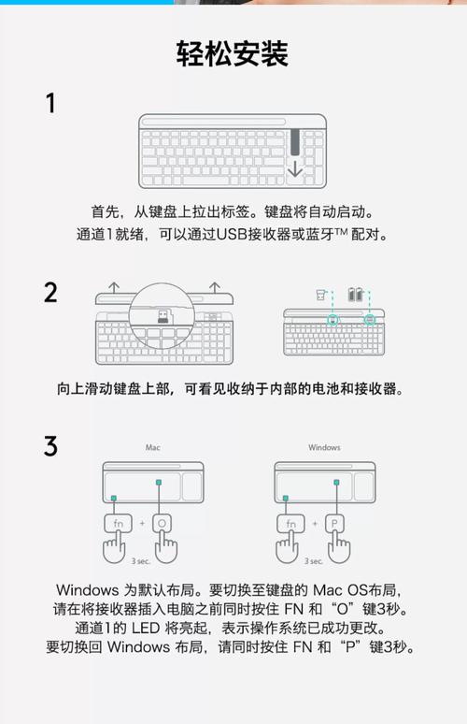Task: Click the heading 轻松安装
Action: pos(233,54)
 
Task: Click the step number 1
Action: pos(50,103)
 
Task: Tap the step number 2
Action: pos(50,293)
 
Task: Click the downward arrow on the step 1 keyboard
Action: pos(295,169)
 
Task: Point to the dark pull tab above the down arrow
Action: pos(295,142)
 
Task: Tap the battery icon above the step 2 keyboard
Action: pos(358,294)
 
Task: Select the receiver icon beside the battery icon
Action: pos(321,294)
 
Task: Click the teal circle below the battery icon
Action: pos(370,319)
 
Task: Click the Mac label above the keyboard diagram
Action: pos(153,448)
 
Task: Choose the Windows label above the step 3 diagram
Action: pos(324,448)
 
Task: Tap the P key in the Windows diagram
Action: pos(335,524)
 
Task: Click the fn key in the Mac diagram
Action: pos(119,524)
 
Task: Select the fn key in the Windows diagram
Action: pos(291,524)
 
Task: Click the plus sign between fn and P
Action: pos(314,524)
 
